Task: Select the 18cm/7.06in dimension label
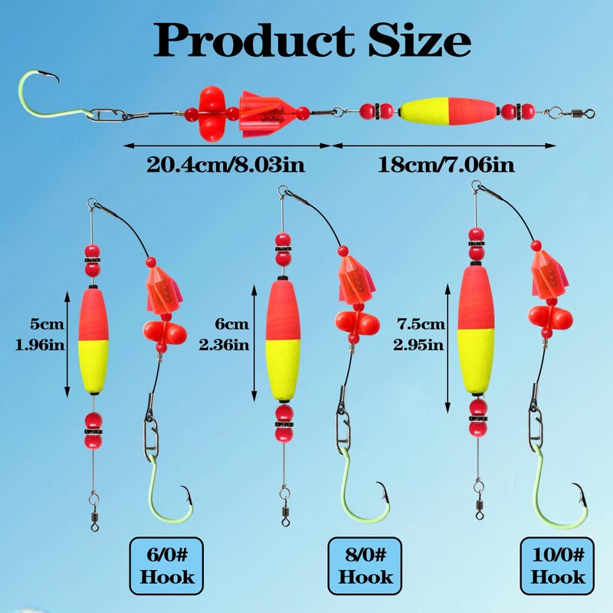[446, 165]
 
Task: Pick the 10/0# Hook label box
[557, 565]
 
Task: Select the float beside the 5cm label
[93, 341]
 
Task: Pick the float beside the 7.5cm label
[476, 329]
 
